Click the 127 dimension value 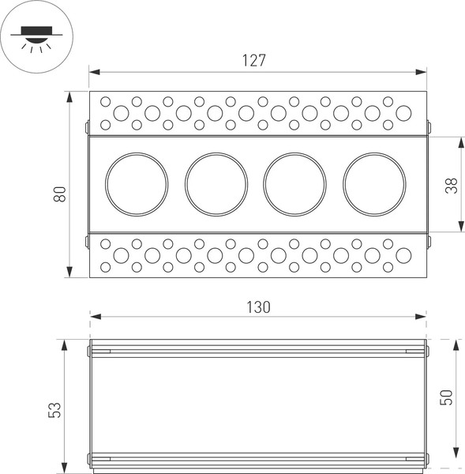(x=253, y=60)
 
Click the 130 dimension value (x=257, y=307)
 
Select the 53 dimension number (x=54, y=408)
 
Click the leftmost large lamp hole (x=137, y=184)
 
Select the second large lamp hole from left (x=216, y=184)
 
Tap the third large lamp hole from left (x=295, y=184)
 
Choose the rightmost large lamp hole (x=374, y=184)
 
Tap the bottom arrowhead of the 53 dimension (x=66, y=469)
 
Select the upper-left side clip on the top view (x=87, y=126)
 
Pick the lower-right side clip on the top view (x=429, y=242)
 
